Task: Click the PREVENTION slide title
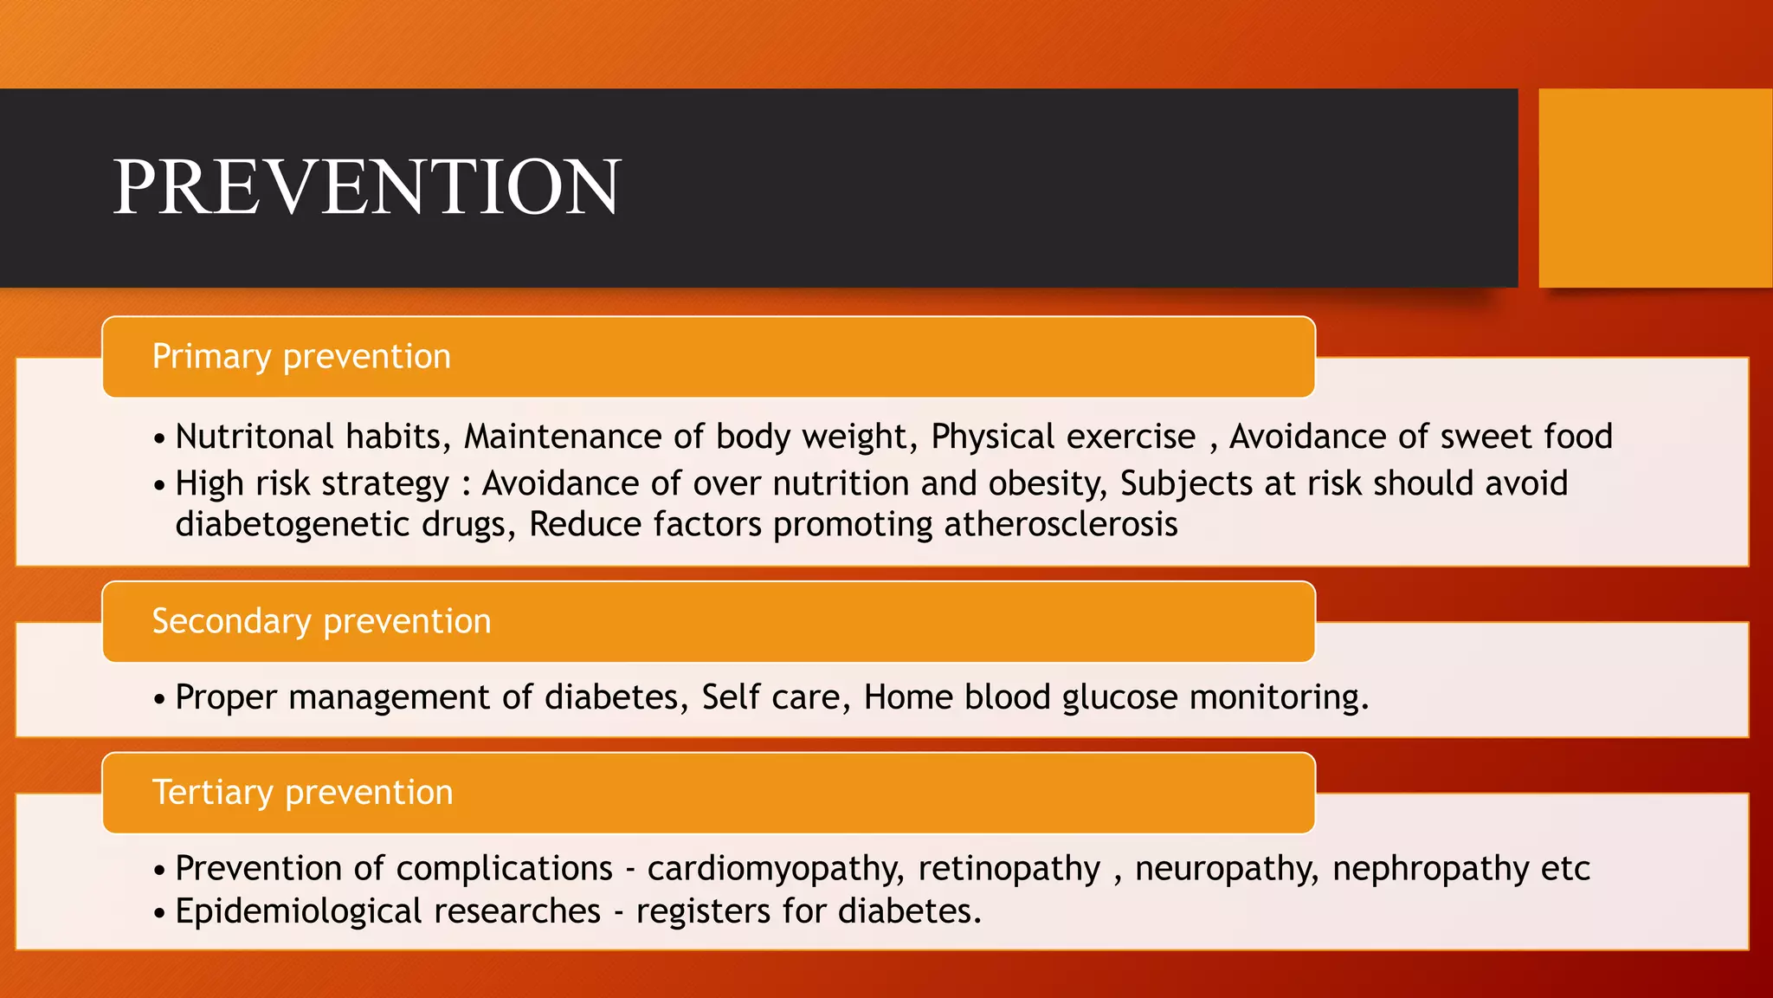coord(367,187)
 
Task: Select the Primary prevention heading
coord(301,357)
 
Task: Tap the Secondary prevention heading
coord(321,621)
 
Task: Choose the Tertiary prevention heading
coord(302,793)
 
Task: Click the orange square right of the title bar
coord(1654,187)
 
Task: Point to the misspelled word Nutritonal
coord(254,437)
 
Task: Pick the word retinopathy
coord(1009,869)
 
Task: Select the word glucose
coord(1119,697)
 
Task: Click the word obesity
coord(1047,483)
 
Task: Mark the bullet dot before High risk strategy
coord(159,485)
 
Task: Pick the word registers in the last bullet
coord(703,912)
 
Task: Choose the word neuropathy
coord(1227,869)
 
